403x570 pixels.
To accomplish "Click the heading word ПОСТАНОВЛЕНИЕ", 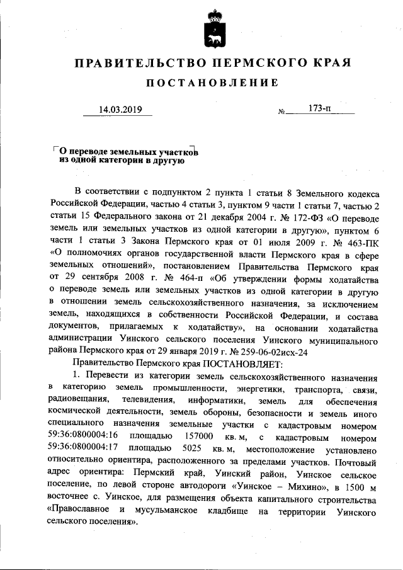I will tap(212, 83).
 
